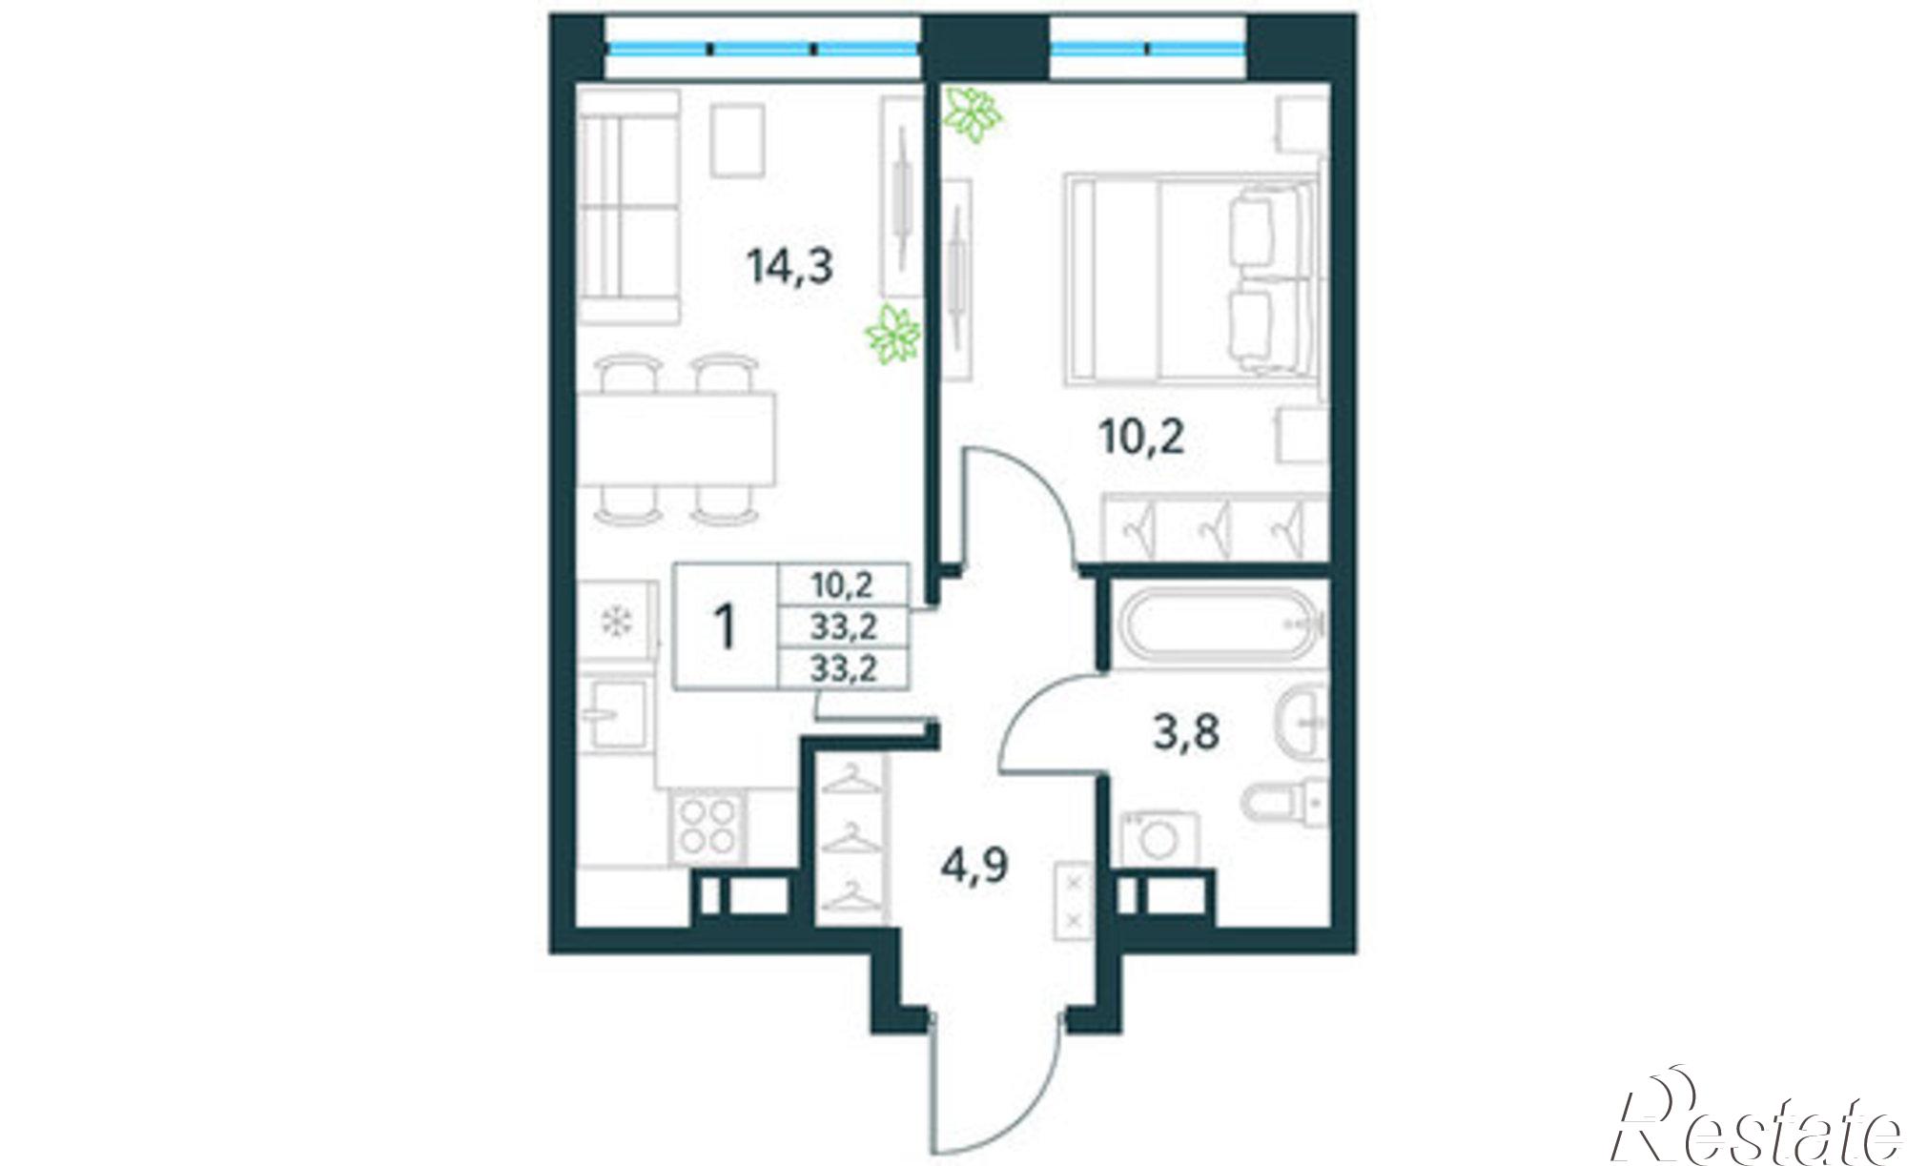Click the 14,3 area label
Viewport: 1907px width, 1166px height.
click(790, 267)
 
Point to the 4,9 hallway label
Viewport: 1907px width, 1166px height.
click(974, 869)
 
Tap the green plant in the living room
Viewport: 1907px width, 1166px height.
click(893, 336)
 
